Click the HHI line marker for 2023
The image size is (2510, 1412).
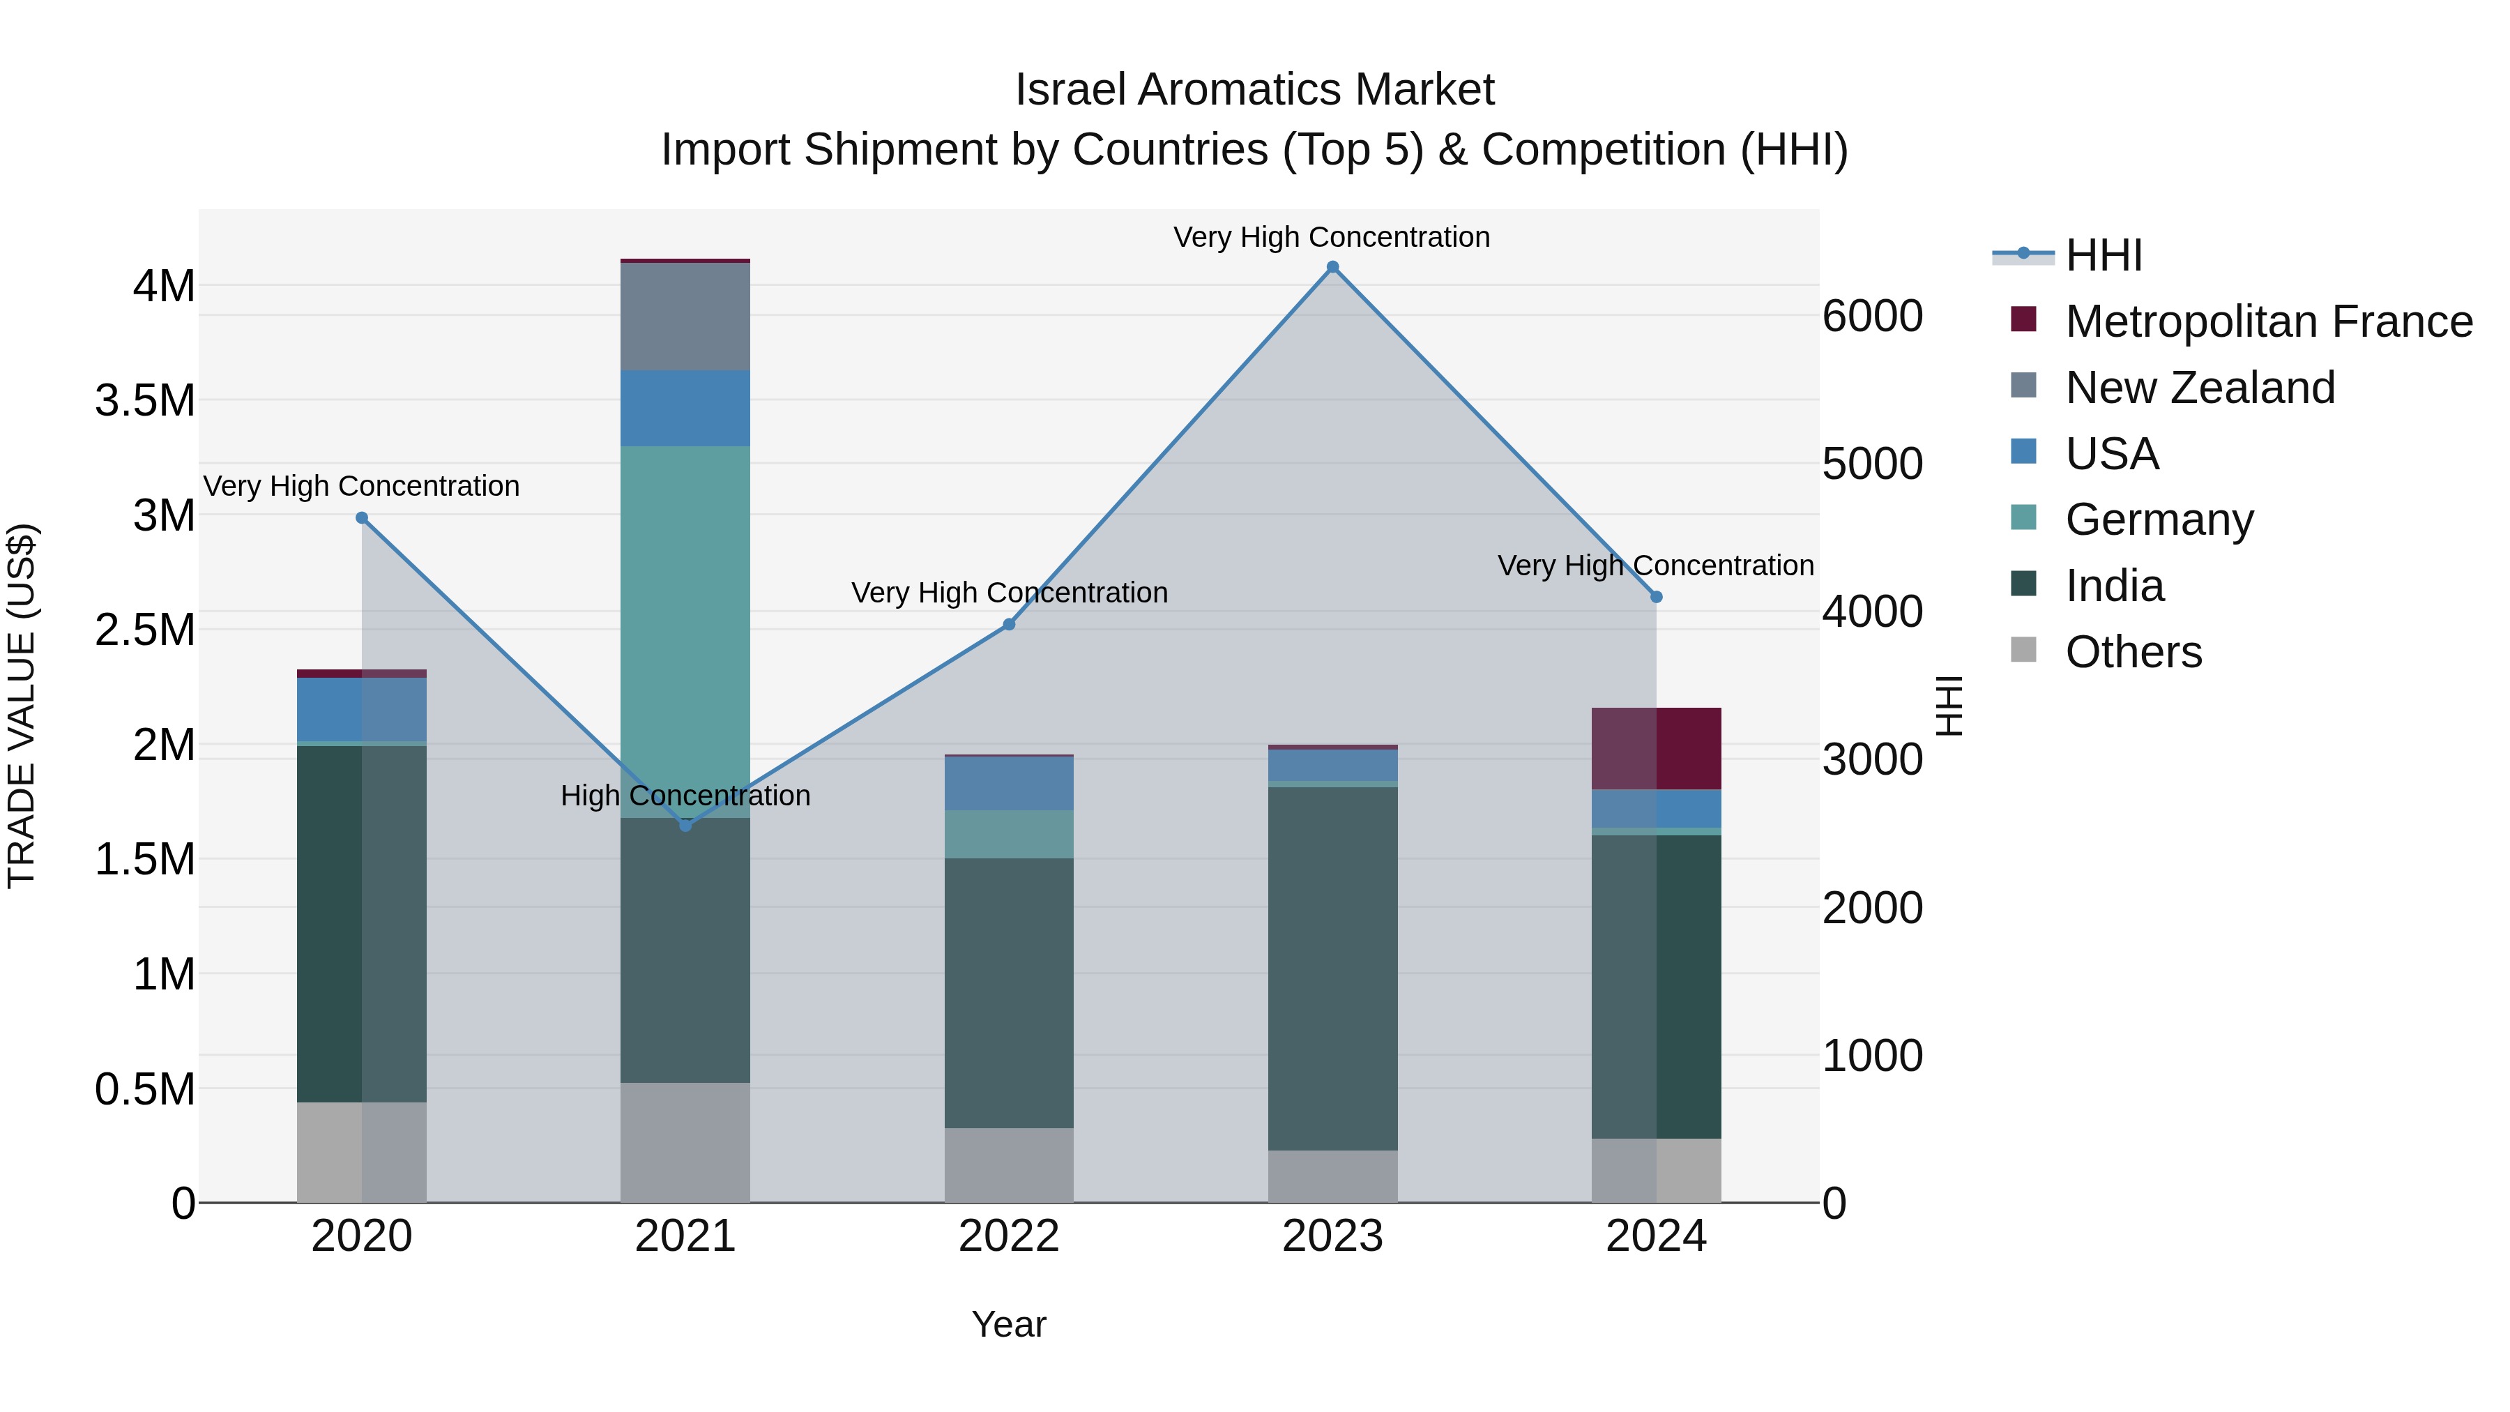coord(1332,267)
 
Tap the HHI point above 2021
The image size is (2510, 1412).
coord(685,826)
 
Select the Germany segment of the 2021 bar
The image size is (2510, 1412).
coord(685,623)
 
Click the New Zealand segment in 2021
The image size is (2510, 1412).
coord(685,317)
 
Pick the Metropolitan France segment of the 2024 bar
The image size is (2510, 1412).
coord(1657,748)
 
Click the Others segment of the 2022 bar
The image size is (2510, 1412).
coord(1008,1164)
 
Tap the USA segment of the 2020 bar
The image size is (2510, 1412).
coord(361,709)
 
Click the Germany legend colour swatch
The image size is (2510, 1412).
coord(2023,517)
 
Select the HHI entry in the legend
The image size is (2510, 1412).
coord(2104,255)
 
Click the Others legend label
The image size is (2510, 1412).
coord(2133,652)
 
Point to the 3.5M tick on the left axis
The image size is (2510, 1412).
coord(145,400)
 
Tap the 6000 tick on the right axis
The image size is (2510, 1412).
coord(1873,317)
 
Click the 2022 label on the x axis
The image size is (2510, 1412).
coord(1008,1236)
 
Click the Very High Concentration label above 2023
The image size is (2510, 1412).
coord(1331,237)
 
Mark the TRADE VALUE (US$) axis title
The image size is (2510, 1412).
coord(22,706)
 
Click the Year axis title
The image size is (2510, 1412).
coord(1008,1324)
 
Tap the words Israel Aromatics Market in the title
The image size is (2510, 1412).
coord(1254,90)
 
